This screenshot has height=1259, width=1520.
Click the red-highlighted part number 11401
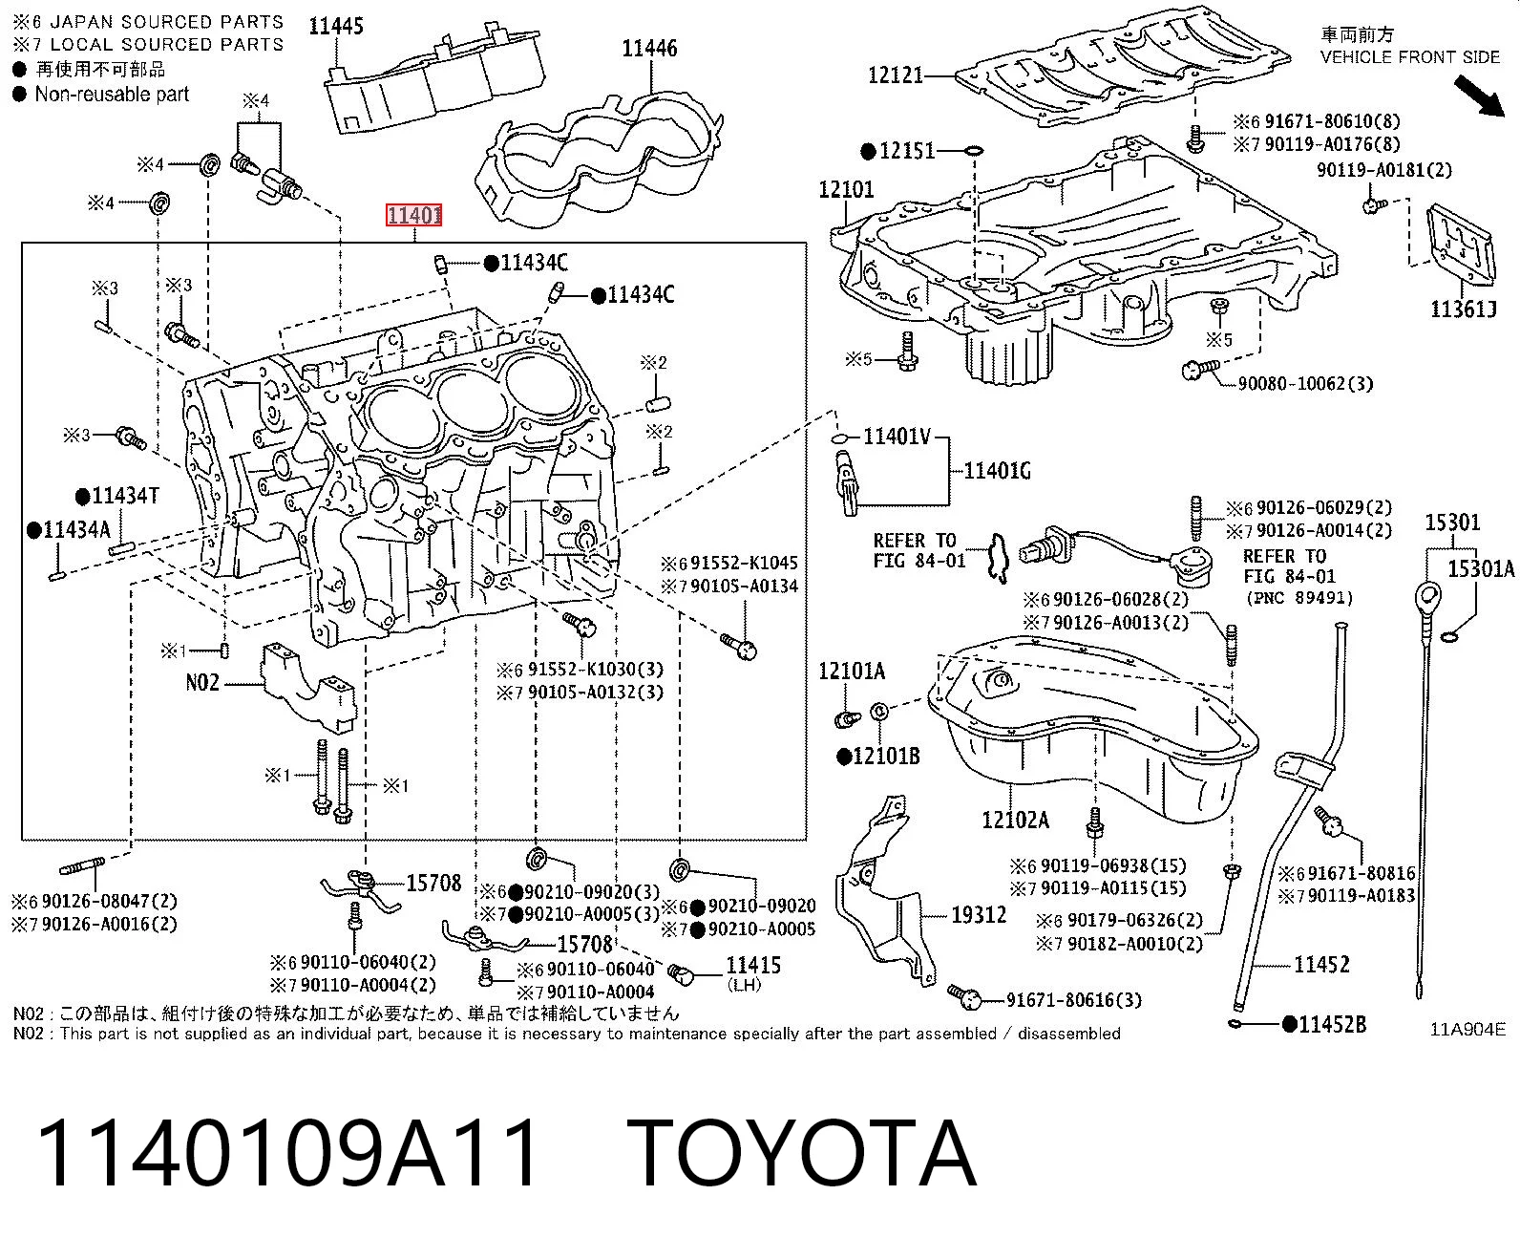coord(413,216)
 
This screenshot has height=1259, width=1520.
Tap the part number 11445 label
coord(335,26)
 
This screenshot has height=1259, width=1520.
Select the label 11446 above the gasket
coord(649,49)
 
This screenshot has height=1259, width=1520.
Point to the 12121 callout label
coord(896,75)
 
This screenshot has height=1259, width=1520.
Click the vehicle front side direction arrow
coord(1479,96)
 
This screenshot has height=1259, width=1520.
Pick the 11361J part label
coord(1464,309)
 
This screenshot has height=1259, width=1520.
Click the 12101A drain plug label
coord(851,671)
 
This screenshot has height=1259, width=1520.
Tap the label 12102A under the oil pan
coord(1015,821)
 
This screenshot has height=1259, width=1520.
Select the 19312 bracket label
coord(979,915)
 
